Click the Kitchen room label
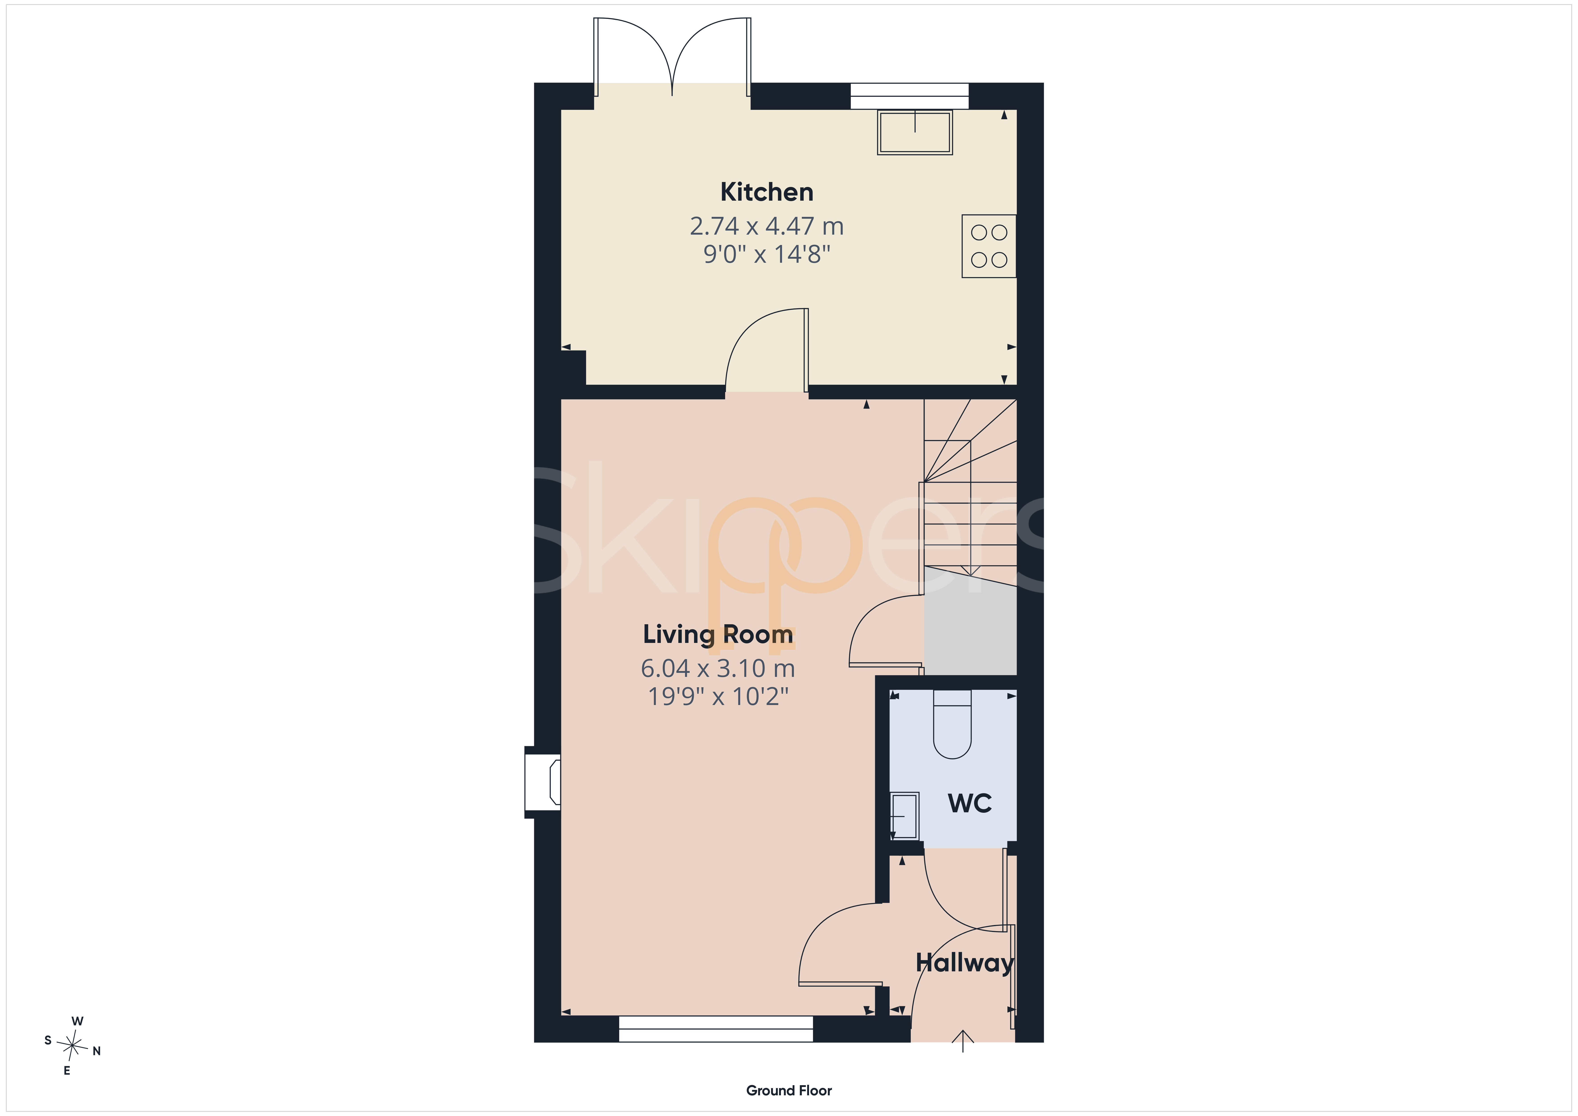tap(766, 192)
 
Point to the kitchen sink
tap(915, 132)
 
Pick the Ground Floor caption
tap(789, 1091)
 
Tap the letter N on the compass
tap(97, 1051)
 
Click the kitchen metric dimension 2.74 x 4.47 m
tap(766, 226)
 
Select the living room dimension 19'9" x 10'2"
tap(718, 696)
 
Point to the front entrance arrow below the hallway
tap(963, 1041)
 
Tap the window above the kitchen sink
tap(909, 96)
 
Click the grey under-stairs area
tap(971, 621)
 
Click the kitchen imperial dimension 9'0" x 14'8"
tap(766, 254)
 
